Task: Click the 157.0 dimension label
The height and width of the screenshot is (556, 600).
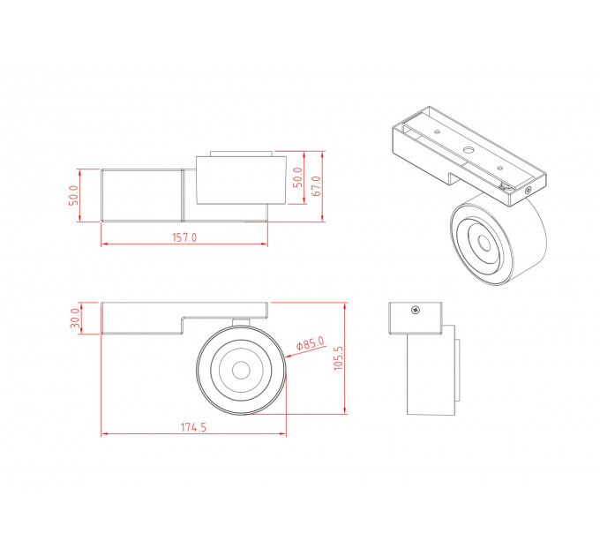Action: point(184,237)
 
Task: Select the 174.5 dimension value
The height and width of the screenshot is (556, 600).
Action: point(193,427)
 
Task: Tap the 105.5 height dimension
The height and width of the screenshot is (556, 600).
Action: point(338,357)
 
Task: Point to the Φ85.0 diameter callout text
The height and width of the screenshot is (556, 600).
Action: point(311,342)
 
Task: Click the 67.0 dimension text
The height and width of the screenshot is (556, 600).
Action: point(317,186)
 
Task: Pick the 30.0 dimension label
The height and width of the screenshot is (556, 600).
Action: point(75,318)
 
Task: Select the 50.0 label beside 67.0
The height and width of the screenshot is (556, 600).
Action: point(297,177)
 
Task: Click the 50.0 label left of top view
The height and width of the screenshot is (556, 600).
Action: point(73,195)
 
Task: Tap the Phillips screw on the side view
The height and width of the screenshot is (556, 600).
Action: point(416,310)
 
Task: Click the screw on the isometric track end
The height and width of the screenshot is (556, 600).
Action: point(529,190)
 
